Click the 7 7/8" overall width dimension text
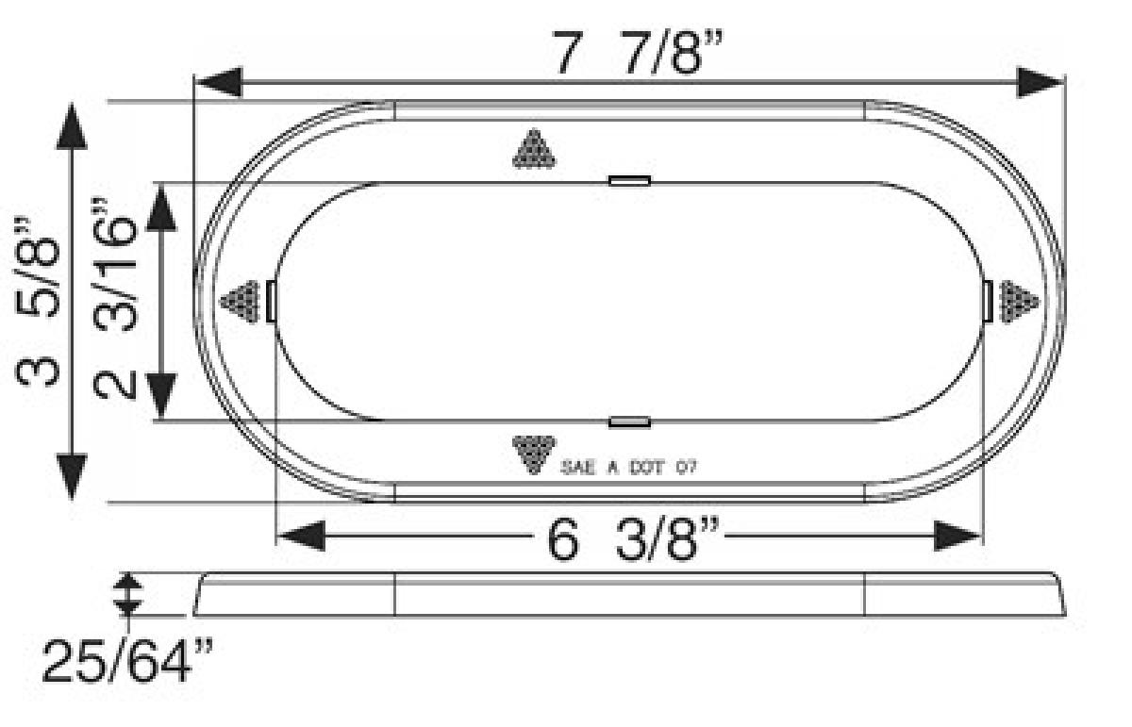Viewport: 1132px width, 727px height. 629,53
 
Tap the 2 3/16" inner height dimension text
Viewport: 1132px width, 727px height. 117,300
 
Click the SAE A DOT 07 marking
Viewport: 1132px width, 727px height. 628,466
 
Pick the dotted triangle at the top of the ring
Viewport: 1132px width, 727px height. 534,150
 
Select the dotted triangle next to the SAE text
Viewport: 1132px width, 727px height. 534,454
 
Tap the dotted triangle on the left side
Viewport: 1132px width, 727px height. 240,301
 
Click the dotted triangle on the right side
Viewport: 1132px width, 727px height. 1019,301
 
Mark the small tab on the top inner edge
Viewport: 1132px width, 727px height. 629,180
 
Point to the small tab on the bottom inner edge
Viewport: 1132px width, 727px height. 629,421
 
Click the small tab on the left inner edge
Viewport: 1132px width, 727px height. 272,301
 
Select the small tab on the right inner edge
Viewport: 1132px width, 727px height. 987,301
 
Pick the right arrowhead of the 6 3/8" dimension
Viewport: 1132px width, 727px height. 958,537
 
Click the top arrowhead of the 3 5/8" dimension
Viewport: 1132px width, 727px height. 72,126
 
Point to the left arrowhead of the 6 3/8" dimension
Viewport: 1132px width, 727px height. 301,537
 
